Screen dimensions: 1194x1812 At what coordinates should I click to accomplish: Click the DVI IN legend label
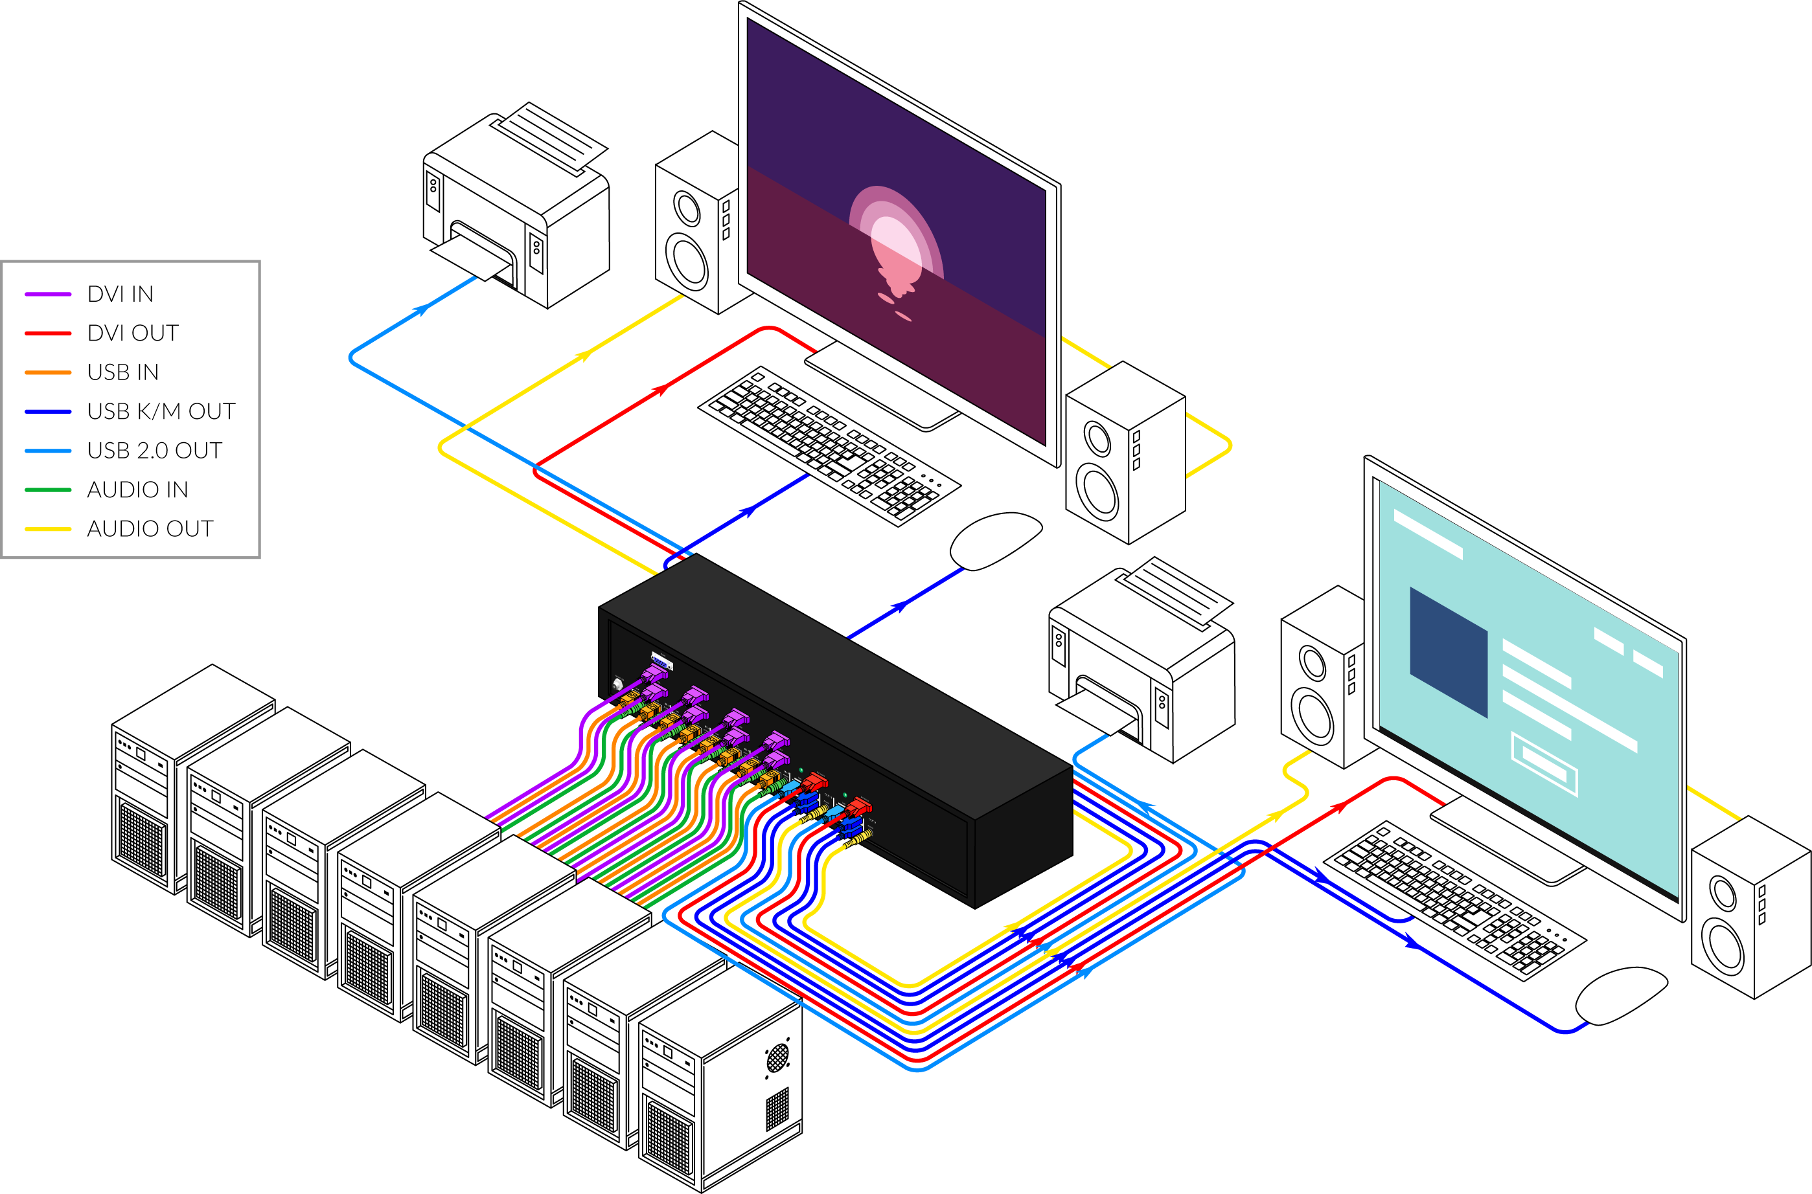[120, 294]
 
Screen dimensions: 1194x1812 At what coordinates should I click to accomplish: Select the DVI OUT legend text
[133, 333]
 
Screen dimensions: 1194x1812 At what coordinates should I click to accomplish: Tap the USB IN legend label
[122, 372]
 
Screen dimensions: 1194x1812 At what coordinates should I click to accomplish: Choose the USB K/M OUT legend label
[161, 411]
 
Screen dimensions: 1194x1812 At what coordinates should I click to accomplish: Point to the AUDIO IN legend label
[137, 490]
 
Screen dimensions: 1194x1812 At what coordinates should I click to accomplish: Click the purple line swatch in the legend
[48, 294]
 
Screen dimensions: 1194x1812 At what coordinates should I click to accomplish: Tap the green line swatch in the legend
[48, 490]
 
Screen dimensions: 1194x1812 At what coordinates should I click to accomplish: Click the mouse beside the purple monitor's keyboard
[994, 540]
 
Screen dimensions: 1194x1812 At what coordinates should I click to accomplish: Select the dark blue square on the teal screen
[1448, 651]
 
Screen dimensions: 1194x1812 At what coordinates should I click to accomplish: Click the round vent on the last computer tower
[777, 1057]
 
